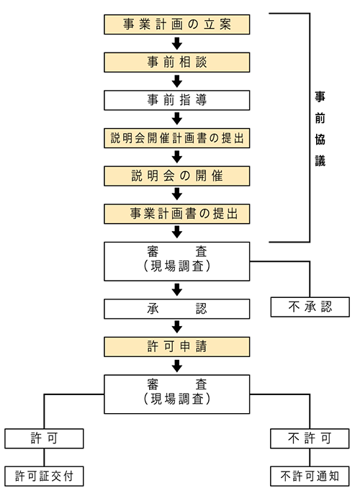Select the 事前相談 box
pos(177,62)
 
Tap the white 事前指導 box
pos(177,100)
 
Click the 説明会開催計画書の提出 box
pos(177,138)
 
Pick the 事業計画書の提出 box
pos(177,214)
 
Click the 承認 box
pos(177,309)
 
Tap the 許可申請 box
pos(177,346)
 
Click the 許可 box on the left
pos(45,437)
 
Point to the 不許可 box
pos(310,437)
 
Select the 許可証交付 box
pos(45,475)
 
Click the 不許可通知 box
pos(310,475)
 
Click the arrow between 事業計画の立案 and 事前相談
pos(177,43)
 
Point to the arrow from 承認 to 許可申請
pos(177,327)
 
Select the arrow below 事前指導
pos(177,119)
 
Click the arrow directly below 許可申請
pos(177,365)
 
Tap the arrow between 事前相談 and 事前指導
pos(177,81)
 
